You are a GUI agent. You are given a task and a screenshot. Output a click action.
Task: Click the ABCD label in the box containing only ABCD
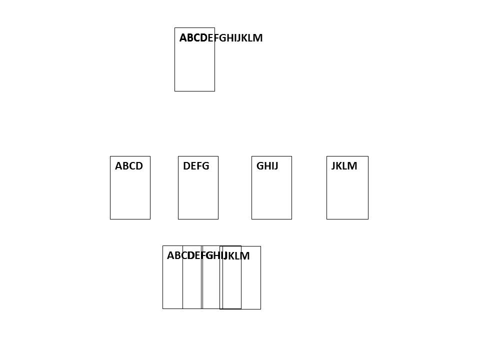pyautogui.click(x=129, y=166)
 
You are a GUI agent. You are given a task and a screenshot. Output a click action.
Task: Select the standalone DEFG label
pyautogui.click(x=196, y=166)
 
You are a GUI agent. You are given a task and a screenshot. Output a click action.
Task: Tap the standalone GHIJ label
pyautogui.click(x=267, y=166)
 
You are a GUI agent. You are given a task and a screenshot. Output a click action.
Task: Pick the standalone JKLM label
pyautogui.click(x=344, y=166)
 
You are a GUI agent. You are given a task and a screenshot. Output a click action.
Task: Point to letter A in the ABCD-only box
pyautogui.click(x=119, y=166)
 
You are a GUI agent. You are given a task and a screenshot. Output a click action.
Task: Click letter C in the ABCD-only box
pyautogui.click(x=132, y=166)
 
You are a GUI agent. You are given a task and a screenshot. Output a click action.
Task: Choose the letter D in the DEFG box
pyautogui.click(x=186, y=166)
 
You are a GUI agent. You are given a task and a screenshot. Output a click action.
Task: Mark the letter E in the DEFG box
pyautogui.click(x=193, y=166)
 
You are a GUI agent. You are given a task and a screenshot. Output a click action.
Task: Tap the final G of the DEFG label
pyautogui.click(x=205, y=166)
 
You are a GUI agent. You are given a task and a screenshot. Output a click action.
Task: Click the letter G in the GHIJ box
pyautogui.click(x=260, y=166)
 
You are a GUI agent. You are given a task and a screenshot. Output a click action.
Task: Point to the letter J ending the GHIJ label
pyautogui.click(x=276, y=166)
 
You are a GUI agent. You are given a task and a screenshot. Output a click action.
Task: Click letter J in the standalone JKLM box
pyautogui.click(x=333, y=166)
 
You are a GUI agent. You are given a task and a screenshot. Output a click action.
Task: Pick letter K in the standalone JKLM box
pyautogui.click(x=339, y=166)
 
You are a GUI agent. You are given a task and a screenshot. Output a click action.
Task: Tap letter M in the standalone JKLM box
pyautogui.click(x=352, y=166)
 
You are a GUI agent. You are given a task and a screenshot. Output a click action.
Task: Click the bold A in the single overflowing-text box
pyautogui.click(x=183, y=38)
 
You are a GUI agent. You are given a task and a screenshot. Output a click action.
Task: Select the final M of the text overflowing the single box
pyautogui.click(x=258, y=38)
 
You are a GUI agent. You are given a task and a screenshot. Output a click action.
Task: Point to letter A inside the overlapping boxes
pyautogui.click(x=171, y=255)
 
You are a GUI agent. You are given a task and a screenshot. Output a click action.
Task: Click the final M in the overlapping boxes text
pyautogui.click(x=245, y=256)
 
